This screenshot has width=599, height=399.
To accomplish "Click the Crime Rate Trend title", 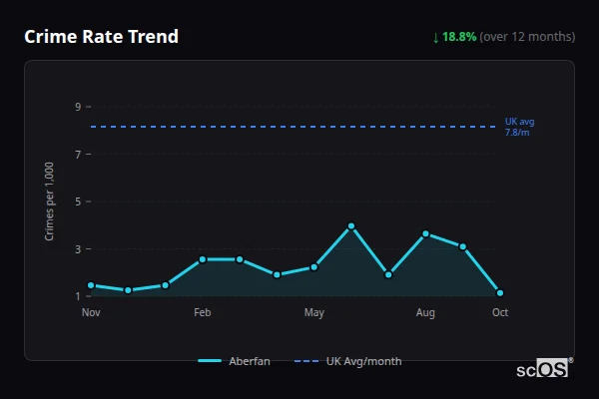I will pos(101,37).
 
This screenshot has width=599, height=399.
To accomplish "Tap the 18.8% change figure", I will pos(461,37).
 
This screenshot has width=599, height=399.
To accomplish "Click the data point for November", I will pos(91,285).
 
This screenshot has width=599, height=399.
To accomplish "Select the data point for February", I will pos(203,259).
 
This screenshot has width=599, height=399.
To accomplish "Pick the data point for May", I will pos(314,266).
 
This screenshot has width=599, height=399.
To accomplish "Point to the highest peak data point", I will pos(351,226).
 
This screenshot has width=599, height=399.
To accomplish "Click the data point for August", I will pos(425,233).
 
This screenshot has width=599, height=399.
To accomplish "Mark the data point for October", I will pos(500,293).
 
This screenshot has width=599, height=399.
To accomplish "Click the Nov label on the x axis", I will pos(91,313).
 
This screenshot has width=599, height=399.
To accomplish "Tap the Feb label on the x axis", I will pos(203,313).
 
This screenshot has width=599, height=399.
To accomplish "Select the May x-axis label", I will pos(314,313).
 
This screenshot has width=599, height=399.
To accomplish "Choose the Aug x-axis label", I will pos(425,313).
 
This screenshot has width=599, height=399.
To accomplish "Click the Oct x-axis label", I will pos(500,313).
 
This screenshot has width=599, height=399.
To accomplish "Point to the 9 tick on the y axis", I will pos(77,107).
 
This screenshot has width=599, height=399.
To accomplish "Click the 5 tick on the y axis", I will pos(77,201).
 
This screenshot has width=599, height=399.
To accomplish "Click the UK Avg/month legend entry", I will pos(348,361).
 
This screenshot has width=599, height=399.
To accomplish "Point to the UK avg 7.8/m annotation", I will pos(519,127).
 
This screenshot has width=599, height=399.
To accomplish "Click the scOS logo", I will pos(544,369).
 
